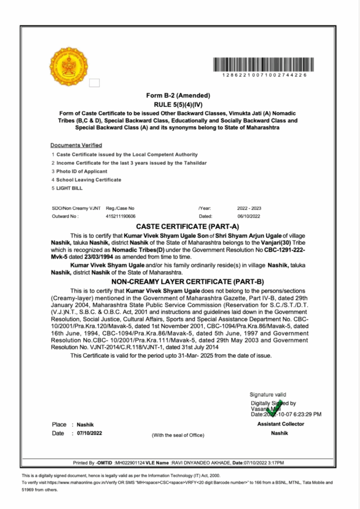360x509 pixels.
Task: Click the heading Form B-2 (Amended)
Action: tap(179, 95)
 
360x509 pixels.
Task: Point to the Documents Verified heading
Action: tap(76, 145)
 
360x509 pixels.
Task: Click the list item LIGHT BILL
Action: tap(70, 188)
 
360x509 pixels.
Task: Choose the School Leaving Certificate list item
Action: tap(89, 179)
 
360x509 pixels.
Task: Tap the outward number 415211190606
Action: tap(120, 216)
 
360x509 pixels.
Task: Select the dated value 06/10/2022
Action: tap(249, 216)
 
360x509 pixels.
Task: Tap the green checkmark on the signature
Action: tap(273, 409)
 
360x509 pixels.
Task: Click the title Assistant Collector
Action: tap(280, 424)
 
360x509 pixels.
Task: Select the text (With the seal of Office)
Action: tap(178, 435)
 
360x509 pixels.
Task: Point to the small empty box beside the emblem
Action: tap(94, 83)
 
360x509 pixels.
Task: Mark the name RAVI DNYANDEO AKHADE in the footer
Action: tap(201, 463)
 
